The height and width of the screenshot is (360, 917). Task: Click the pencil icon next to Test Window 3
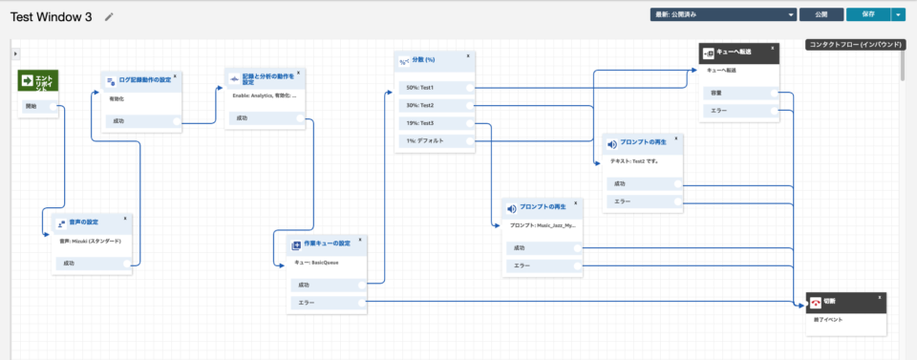click(x=109, y=16)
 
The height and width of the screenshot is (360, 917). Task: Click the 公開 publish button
click(x=821, y=14)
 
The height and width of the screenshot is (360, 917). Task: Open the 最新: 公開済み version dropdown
click(x=723, y=14)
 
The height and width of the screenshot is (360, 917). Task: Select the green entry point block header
click(x=38, y=83)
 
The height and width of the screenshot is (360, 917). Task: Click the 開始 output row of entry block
click(x=38, y=106)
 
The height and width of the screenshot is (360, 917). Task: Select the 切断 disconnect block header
click(x=845, y=302)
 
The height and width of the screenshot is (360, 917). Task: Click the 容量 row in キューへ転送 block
click(x=739, y=93)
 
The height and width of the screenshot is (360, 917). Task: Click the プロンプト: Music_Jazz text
click(x=542, y=226)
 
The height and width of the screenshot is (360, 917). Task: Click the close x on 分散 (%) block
click(x=467, y=56)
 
